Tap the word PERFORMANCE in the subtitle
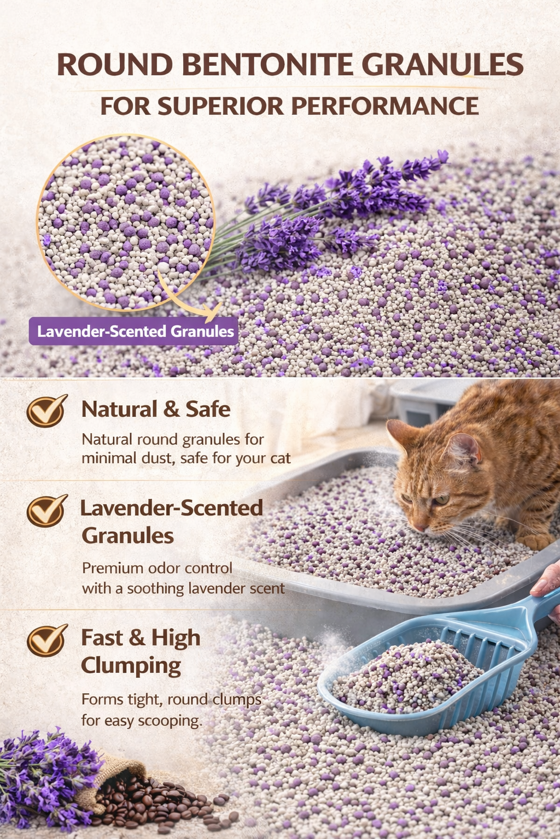(x=384, y=106)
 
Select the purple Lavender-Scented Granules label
(x=134, y=331)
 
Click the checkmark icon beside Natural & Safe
(x=46, y=410)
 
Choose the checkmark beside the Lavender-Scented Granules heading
(x=46, y=510)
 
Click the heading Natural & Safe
(x=156, y=409)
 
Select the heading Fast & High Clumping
(x=140, y=651)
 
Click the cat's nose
(x=420, y=528)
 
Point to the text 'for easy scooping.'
(x=142, y=721)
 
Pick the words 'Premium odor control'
(x=157, y=568)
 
